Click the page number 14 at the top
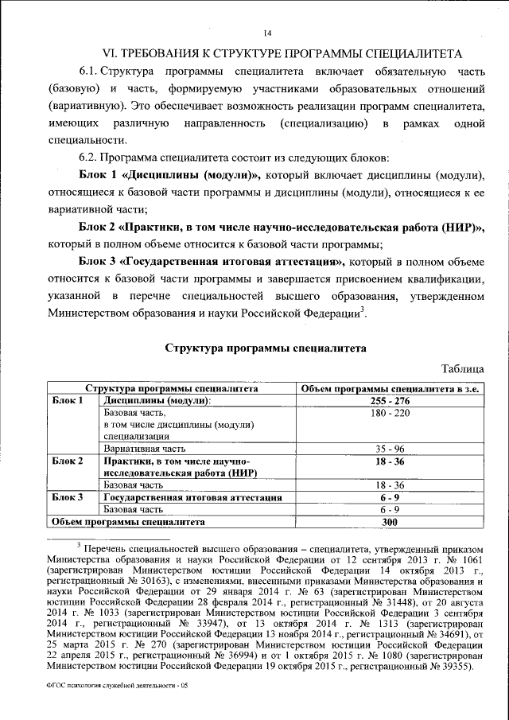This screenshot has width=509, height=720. coord(267,33)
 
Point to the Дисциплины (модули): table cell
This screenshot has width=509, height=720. coord(156,401)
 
